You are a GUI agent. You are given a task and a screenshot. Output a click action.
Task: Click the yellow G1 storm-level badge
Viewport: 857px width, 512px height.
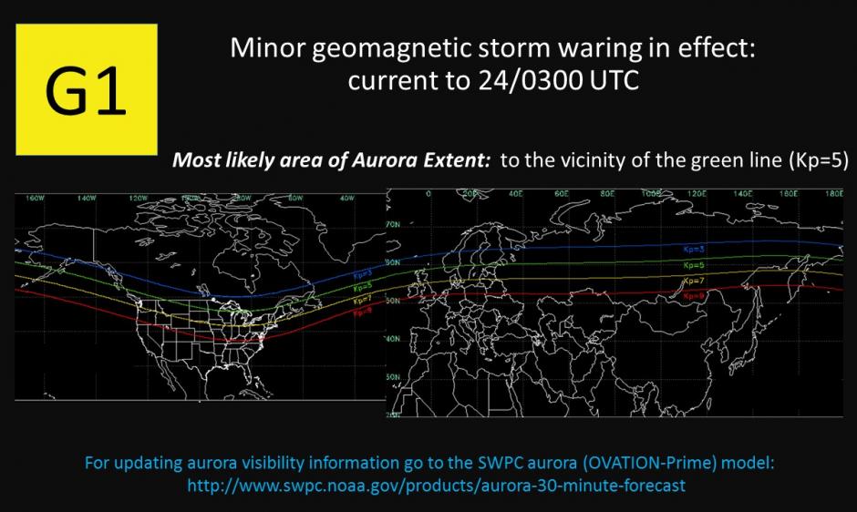[87, 88]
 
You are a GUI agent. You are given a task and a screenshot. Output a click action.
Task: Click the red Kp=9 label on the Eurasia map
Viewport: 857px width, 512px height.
[695, 295]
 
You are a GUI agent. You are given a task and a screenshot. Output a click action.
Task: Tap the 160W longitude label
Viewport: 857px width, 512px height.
[36, 197]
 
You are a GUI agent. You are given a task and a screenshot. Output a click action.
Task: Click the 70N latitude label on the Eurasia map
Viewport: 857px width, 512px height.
[395, 223]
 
